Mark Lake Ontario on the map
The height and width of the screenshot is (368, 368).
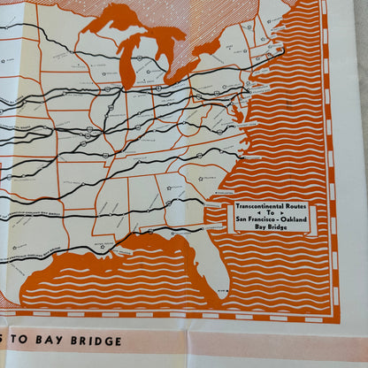[210, 46]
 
